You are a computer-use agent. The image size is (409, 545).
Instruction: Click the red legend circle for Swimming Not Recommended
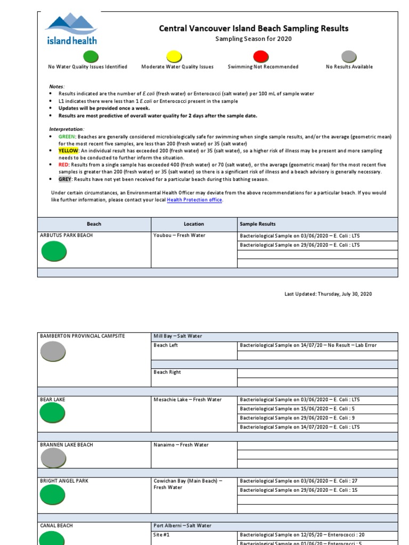tap(261, 56)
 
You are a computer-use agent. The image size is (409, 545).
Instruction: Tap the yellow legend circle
tap(174, 56)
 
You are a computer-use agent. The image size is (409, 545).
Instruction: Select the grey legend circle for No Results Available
tap(349, 56)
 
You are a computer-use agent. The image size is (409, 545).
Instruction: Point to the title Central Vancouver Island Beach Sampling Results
tap(253, 28)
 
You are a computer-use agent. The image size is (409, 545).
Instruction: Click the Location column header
tap(194, 224)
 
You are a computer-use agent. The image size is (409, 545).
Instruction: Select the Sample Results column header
tap(258, 224)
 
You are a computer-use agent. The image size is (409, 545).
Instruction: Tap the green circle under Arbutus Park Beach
tap(54, 251)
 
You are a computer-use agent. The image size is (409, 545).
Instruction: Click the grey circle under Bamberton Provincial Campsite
tap(53, 352)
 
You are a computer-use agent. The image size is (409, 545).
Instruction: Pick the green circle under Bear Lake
tap(53, 414)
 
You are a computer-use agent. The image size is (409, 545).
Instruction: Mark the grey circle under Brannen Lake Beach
tap(53, 458)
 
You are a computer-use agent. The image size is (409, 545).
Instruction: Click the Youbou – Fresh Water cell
tap(179, 235)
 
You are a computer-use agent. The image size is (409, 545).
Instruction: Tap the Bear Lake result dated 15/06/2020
tap(301, 409)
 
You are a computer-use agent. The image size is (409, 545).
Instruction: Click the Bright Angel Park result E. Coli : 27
tap(299, 481)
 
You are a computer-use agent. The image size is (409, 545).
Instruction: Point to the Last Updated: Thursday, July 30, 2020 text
tap(328, 294)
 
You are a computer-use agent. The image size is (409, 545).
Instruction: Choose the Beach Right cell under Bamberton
tap(167, 373)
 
